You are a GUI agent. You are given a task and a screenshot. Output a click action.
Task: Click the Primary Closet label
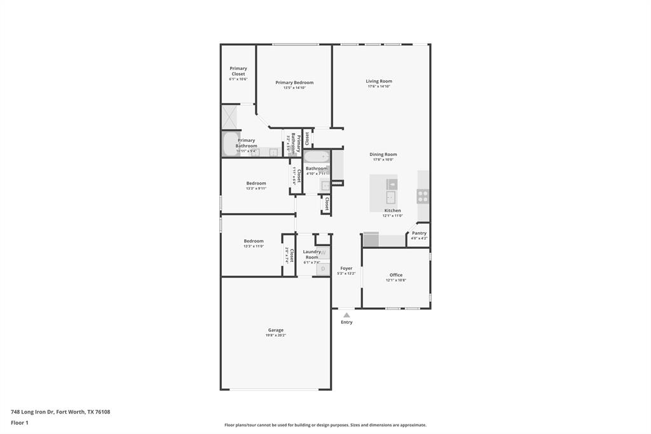[x=238, y=71]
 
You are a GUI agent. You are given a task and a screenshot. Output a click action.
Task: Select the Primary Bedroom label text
[x=294, y=83]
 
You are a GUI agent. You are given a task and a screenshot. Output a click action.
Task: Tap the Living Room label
[x=379, y=81]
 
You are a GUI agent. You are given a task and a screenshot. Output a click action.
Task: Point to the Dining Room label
[x=383, y=155]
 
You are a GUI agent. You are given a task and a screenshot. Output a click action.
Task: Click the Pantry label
[x=419, y=233]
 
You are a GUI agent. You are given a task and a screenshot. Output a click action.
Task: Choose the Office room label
[x=395, y=275]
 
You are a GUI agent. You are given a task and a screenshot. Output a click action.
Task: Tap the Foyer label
[x=346, y=269]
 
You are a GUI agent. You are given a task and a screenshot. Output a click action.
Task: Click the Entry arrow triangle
[x=346, y=314]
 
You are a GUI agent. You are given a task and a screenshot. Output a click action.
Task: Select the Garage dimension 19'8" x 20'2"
[x=276, y=335]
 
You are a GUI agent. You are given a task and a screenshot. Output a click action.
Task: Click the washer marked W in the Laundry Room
[x=323, y=253]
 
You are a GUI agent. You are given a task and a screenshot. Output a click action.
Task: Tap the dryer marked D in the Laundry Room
[x=323, y=269]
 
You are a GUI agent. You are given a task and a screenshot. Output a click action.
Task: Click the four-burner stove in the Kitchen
[x=423, y=196]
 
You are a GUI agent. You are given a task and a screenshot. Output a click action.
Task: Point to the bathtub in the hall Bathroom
[x=316, y=157]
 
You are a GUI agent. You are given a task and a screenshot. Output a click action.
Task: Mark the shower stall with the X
[x=229, y=116]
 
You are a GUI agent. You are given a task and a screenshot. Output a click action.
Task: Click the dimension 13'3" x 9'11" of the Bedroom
[x=256, y=188]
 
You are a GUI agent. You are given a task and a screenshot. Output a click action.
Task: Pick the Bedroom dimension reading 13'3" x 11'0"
[x=254, y=246]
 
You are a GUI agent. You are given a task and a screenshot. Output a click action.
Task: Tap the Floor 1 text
[x=20, y=423]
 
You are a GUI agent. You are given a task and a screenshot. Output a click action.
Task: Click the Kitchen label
[x=392, y=211]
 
